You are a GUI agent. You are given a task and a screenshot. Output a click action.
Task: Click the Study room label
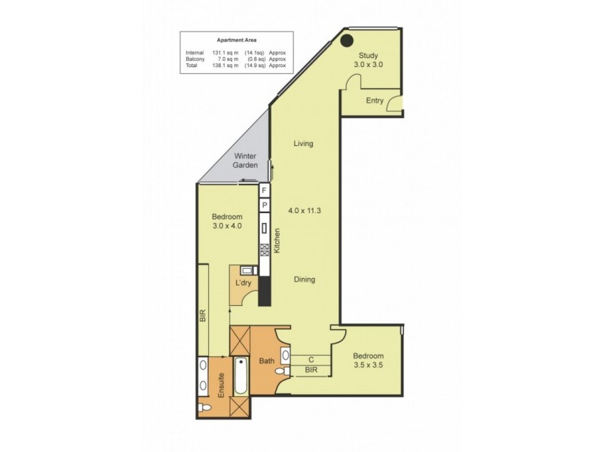[x=369, y=55]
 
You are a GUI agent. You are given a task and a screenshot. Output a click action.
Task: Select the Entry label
[x=375, y=100]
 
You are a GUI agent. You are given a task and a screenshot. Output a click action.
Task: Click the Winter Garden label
[x=246, y=160]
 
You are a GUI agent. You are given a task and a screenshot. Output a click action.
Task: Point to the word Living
[x=304, y=143]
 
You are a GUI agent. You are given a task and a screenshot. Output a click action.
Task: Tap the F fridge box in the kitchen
[x=265, y=191]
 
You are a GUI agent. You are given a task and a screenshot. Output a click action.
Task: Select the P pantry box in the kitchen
[x=265, y=206]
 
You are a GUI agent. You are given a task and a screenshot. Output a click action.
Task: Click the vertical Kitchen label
[x=277, y=242]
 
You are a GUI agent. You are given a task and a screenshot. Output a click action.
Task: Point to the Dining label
[x=305, y=279]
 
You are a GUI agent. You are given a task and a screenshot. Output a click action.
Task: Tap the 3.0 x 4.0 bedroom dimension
[x=226, y=225]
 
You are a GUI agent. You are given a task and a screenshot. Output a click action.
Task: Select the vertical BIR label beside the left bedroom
[x=203, y=316]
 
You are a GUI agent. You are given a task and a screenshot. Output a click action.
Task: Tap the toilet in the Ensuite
[x=205, y=408]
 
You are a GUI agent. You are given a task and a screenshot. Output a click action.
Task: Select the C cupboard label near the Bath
[x=310, y=359]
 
